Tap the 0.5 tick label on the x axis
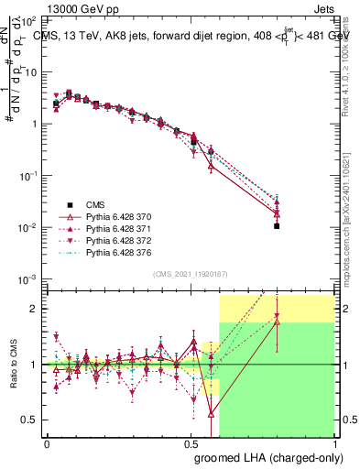tap(191, 442)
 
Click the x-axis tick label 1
tap(334, 442)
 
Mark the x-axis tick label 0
tap(47, 442)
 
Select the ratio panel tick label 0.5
tap(30, 420)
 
